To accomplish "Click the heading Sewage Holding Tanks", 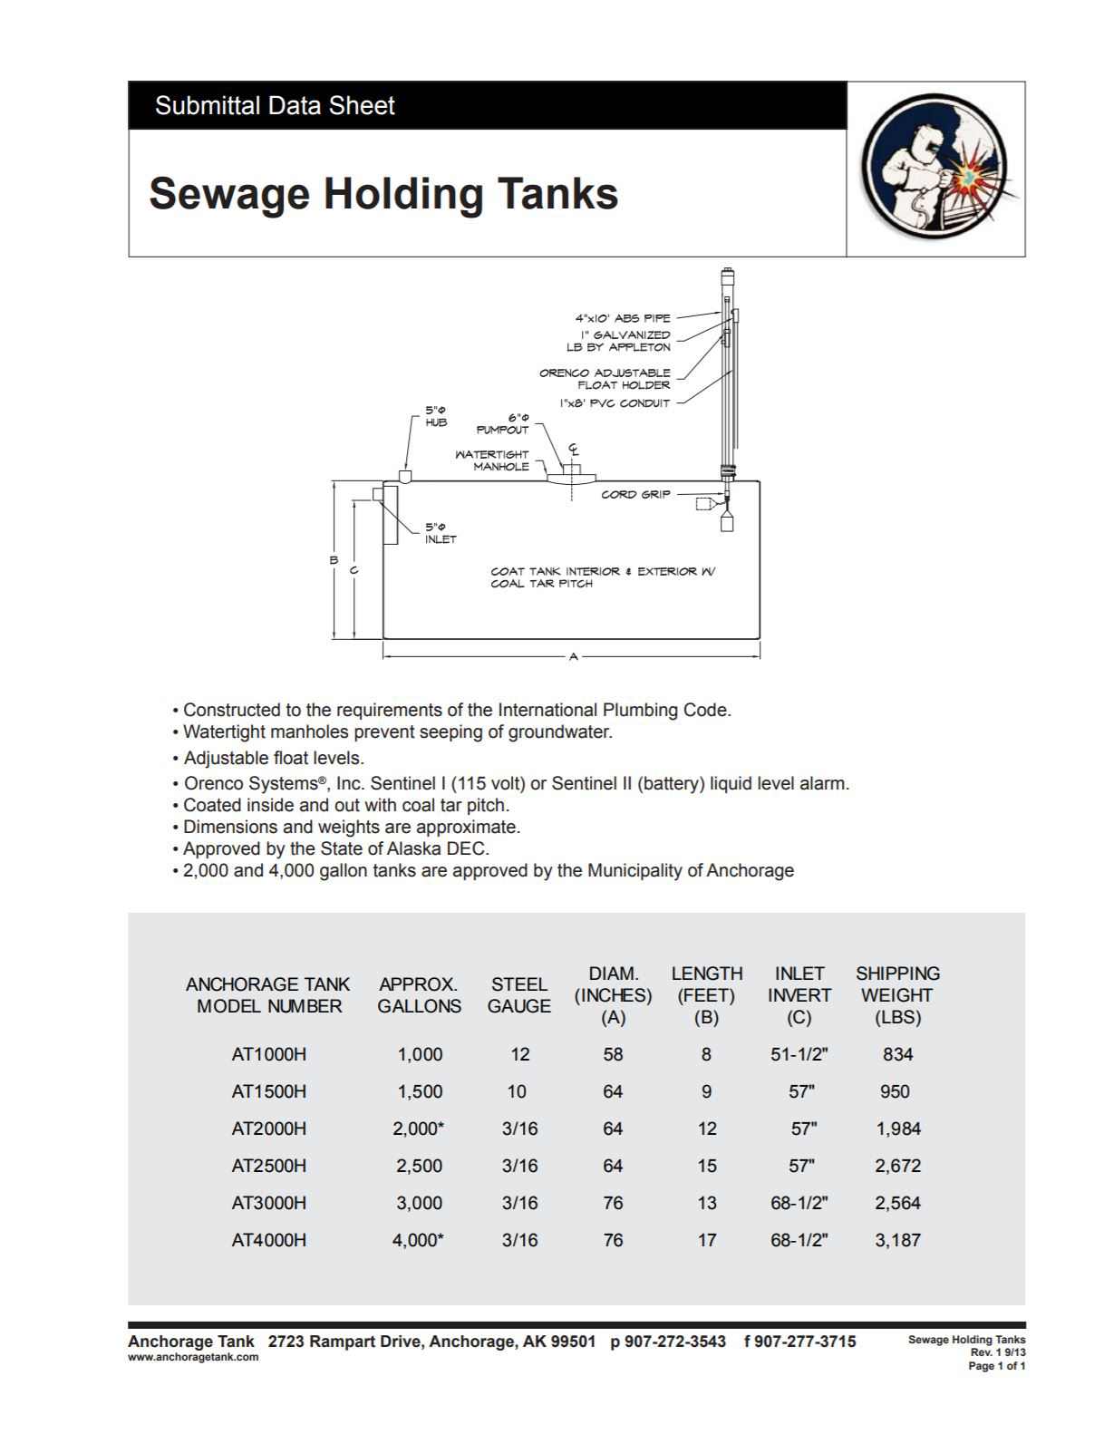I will tap(383, 194).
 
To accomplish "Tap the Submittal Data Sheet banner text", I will tap(275, 106).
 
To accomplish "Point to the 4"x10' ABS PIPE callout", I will tap(623, 318).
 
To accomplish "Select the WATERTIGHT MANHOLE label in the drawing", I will tap(492, 460).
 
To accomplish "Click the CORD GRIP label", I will tap(635, 495).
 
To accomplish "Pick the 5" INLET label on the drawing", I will tap(441, 533).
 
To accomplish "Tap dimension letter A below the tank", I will tap(573, 656).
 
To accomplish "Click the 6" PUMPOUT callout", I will tap(503, 424).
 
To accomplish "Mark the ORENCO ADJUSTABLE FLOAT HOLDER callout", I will tap(605, 379).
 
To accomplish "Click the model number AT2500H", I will tap(269, 1166).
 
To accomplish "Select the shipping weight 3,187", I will tap(897, 1240).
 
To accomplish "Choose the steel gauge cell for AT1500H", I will tap(517, 1091).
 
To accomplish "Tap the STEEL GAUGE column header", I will tap(518, 995).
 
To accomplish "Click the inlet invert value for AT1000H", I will tap(799, 1054).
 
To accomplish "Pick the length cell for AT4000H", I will tap(707, 1240).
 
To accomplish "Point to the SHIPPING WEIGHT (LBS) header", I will tap(897, 995).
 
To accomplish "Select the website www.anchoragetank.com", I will tap(193, 1357).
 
